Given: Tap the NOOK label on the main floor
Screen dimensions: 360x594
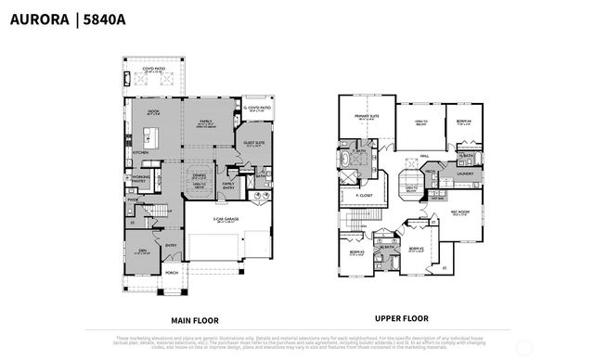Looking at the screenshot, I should [153, 111].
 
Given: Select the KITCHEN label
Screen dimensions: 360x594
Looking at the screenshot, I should [140, 153].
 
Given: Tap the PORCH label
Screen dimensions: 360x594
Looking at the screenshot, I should [171, 273].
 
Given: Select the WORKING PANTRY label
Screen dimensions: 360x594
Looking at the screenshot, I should [142, 177].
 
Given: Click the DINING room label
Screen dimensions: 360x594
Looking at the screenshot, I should [199, 174].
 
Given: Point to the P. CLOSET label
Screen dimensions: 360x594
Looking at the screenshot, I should [351, 196].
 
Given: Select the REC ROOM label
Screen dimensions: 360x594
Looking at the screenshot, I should [461, 212].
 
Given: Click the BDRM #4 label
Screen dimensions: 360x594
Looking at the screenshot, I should [464, 120].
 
